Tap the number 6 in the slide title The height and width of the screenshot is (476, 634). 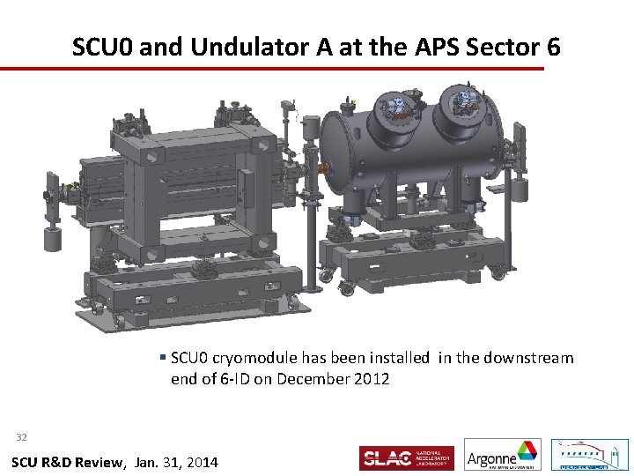(x=551, y=46)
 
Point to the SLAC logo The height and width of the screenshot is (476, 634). (x=407, y=457)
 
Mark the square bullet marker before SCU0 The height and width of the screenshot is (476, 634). (x=164, y=358)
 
